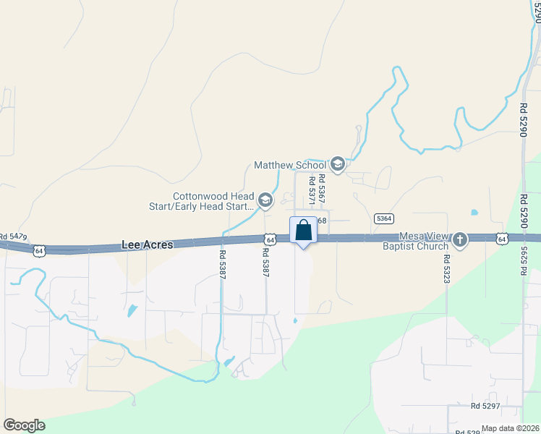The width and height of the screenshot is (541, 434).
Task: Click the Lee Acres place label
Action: [x=147, y=245]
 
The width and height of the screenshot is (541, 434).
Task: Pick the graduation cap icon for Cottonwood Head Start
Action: [x=265, y=200]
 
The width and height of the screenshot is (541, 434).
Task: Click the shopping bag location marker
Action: [x=304, y=231]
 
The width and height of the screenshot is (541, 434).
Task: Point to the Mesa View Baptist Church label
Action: [x=425, y=242]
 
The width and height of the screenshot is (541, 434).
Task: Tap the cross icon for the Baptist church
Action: [x=459, y=239]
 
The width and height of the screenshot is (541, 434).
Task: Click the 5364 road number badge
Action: [x=384, y=218]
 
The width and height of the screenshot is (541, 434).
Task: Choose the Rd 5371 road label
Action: [x=312, y=189]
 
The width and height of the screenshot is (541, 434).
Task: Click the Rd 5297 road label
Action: [x=486, y=406]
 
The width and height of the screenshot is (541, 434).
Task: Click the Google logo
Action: [x=24, y=425]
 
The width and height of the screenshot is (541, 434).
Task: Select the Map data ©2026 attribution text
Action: [x=511, y=428]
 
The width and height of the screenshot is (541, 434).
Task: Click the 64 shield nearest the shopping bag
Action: [x=270, y=239]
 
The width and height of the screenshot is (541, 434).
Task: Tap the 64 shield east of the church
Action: [x=502, y=238]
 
